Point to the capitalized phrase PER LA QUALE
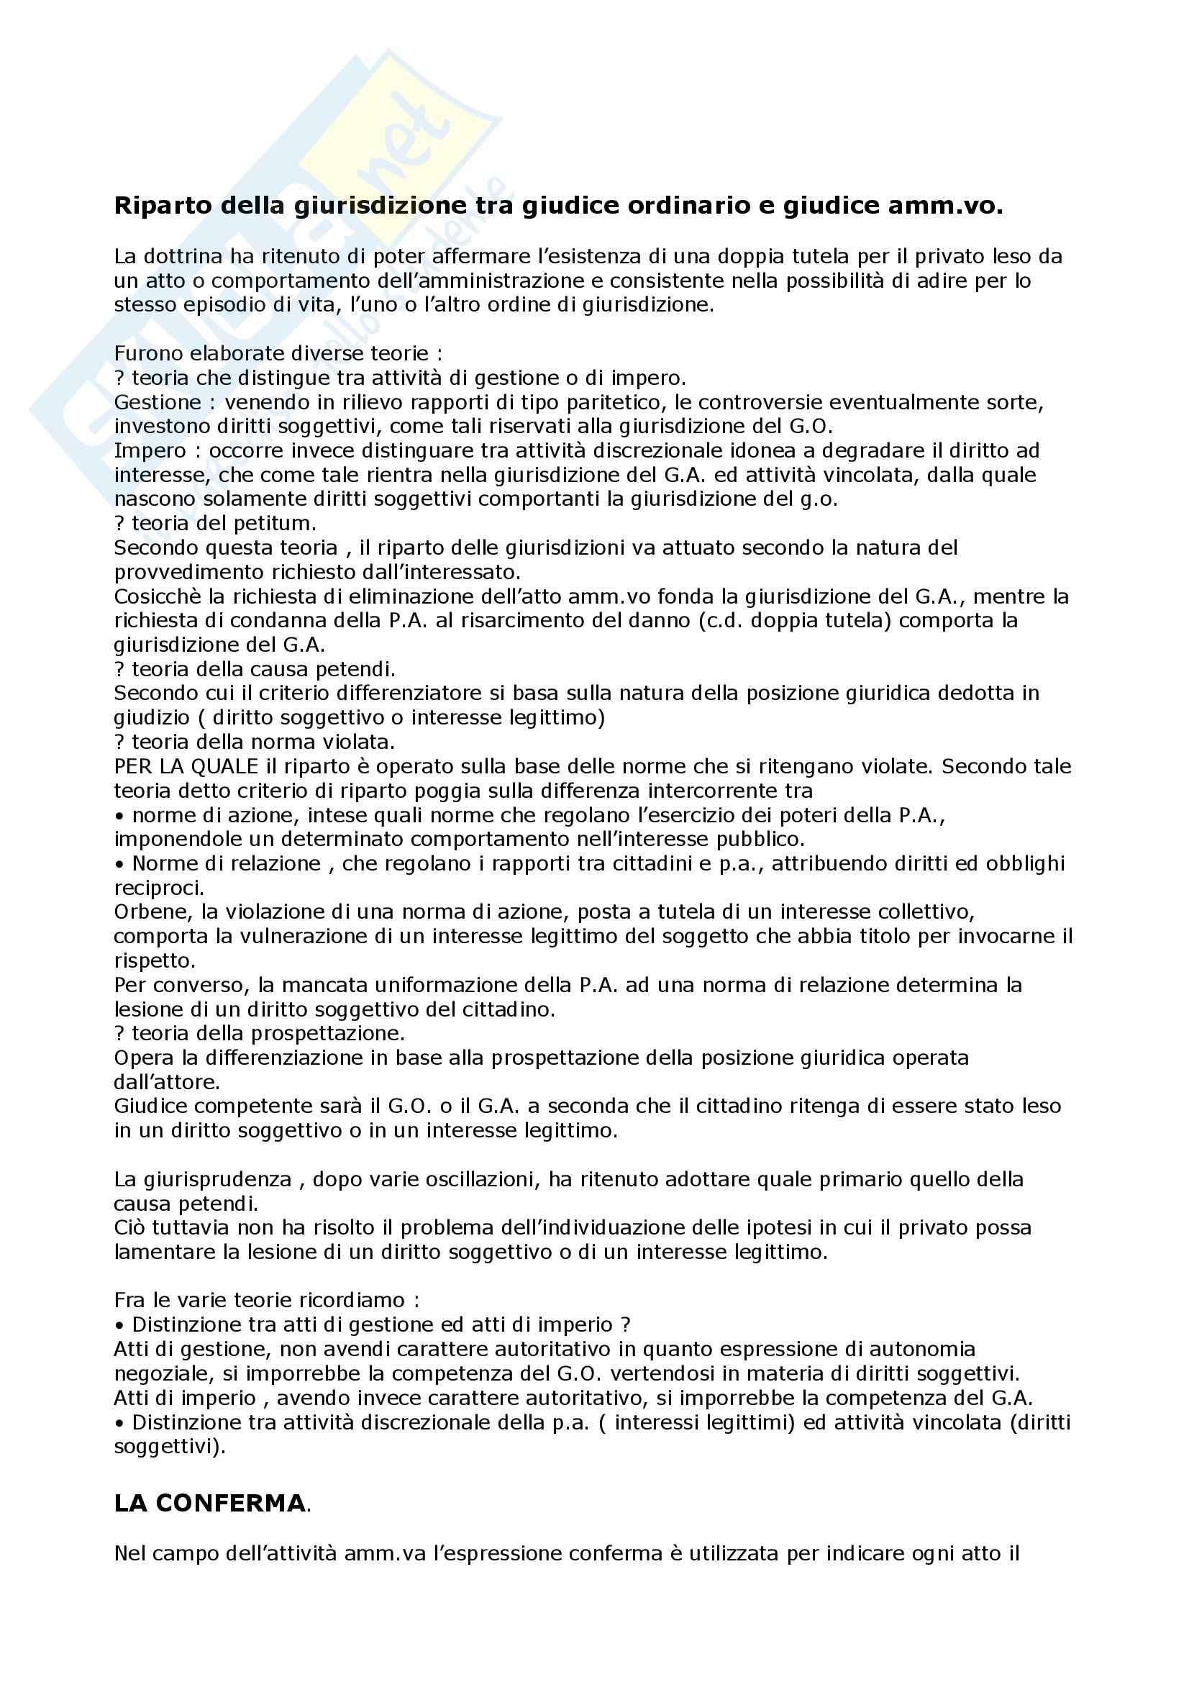(x=186, y=767)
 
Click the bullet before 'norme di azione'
(x=119, y=815)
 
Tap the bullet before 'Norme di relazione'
(x=119, y=864)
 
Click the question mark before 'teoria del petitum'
(x=119, y=524)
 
